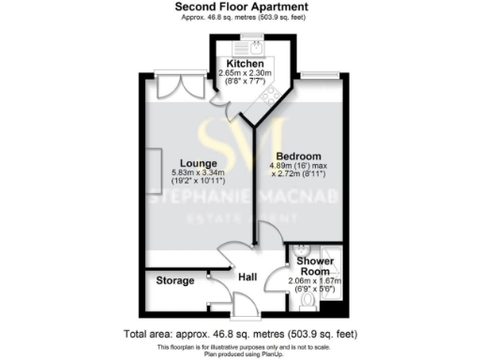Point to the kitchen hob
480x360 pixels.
click(x=269, y=92)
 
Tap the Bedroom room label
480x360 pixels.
click(x=298, y=156)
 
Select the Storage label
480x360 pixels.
click(x=175, y=280)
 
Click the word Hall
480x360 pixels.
click(x=247, y=277)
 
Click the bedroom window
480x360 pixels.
click(x=324, y=74)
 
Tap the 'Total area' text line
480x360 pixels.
click(x=241, y=334)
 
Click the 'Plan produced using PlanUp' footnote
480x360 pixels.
click(x=241, y=354)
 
